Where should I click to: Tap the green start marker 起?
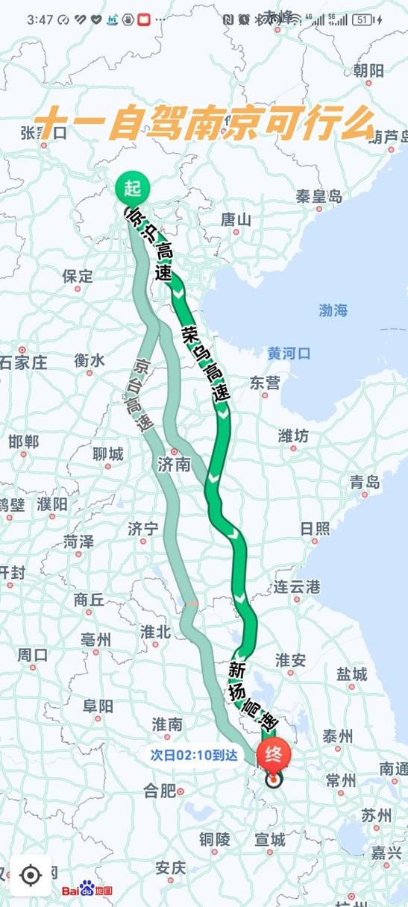click(x=134, y=187)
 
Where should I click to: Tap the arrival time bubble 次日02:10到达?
click(x=193, y=755)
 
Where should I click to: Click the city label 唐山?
click(x=236, y=219)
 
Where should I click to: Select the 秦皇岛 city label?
click(x=318, y=197)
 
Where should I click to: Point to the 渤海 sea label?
click(x=333, y=311)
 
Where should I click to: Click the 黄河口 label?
click(x=289, y=354)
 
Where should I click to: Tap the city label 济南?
click(x=175, y=464)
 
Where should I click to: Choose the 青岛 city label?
click(x=365, y=482)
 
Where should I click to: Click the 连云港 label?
click(x=296, y=586)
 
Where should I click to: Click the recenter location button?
click(x=31, y=875)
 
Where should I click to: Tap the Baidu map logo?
click(x=87, y=890)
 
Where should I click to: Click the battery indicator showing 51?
click(x=363, y=20)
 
